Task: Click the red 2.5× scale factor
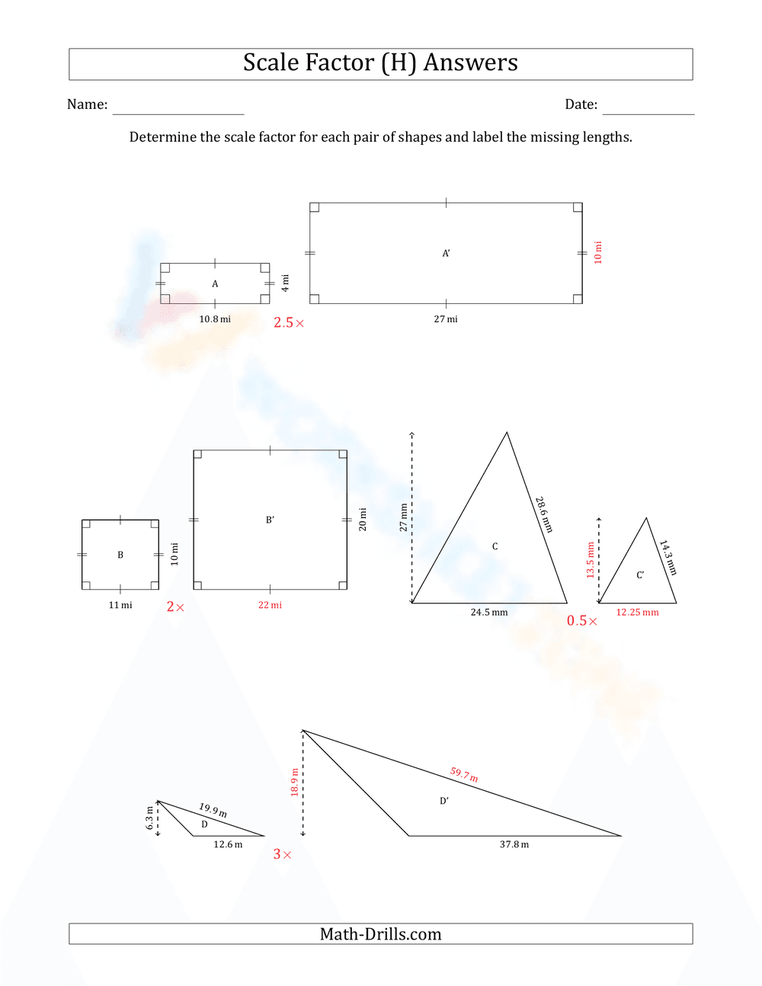coord(289,323)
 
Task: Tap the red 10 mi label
coord(598,252)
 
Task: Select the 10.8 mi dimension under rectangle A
coord(215,319)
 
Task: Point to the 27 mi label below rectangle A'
coord(446,319)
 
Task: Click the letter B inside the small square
coord(120,555)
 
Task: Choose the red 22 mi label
coord(270,605)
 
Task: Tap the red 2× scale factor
coord(175,607)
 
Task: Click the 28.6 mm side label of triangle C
coord(543,514)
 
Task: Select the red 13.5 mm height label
coord(590,560)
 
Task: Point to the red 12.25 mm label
coord(637,612)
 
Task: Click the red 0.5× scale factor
coord(581,621)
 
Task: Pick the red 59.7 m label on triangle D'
coord(464,775)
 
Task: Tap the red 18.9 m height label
coord(294,782)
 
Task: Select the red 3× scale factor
coord(282,855)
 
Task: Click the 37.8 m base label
coord(514,844)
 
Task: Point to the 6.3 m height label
coord(149,818)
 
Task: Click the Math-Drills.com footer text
coord(380,934)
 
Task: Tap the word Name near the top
coord(87,104)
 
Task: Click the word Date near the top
coord(581,104)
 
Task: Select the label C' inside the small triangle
coord(640,575)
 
